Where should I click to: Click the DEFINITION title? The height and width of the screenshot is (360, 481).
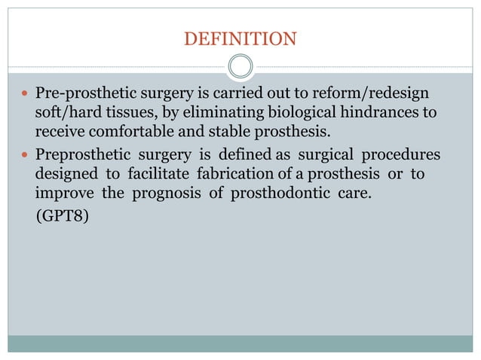point(240,37)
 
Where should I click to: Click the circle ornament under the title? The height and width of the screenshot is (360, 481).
point(240,66)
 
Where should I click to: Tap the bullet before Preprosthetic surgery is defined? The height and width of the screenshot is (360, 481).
point(26,155)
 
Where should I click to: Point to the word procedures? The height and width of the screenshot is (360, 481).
point(401,154)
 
